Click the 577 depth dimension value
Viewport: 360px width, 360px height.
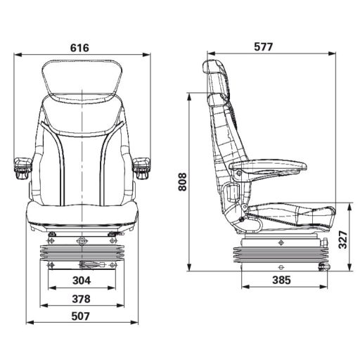click(x=262, y=47)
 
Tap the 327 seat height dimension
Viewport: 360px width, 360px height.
click(x=342, y=241)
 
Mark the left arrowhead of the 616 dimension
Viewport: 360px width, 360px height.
click(x=17, y=54)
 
